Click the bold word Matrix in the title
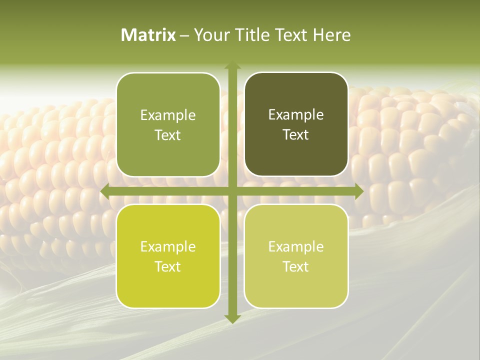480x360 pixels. [x=148, y=35]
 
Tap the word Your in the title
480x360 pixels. [x=210, y=35]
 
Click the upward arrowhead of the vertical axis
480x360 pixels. [x=232, y=65]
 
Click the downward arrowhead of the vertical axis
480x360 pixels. [x=232, y=318]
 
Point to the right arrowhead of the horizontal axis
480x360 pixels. [x=359, y=191]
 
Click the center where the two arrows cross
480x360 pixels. [x=232, y=191]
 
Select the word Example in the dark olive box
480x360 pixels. [x=296, y=115]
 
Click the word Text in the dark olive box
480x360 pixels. [x=296, y=135]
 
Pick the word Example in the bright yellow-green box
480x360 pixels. [x=168, y=247]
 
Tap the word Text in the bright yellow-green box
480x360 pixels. [x=168, y=267]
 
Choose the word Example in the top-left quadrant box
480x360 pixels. [x=168, y=115]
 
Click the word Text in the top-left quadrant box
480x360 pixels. [x=168, y=135]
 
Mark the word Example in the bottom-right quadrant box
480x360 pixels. [x=296, y=247]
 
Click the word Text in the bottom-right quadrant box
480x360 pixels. [x=296, y=267]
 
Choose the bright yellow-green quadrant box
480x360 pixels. [x=168, y=290]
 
